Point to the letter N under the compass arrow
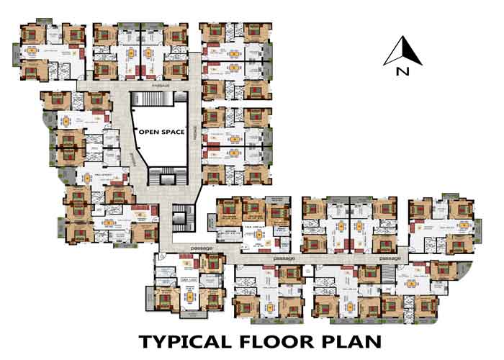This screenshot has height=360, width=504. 401,71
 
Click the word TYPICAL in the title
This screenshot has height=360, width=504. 181,341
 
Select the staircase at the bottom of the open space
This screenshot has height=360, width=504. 161,173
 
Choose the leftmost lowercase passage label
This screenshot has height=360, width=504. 201,248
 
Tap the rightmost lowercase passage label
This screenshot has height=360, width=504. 390,257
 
